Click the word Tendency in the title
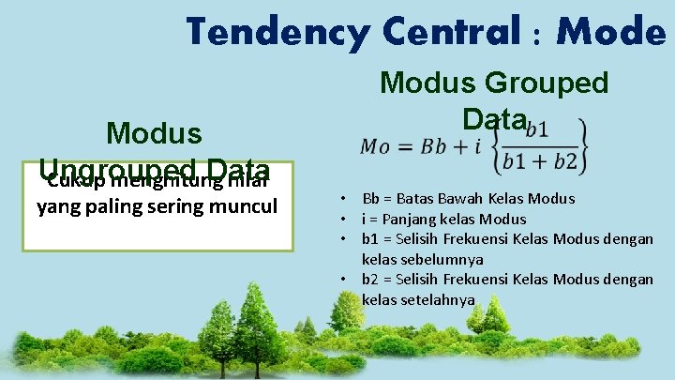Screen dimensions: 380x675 coord(264,32)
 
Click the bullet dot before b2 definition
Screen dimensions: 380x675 coord(345,280)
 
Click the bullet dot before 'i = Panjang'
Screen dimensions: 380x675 coord(345,219)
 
